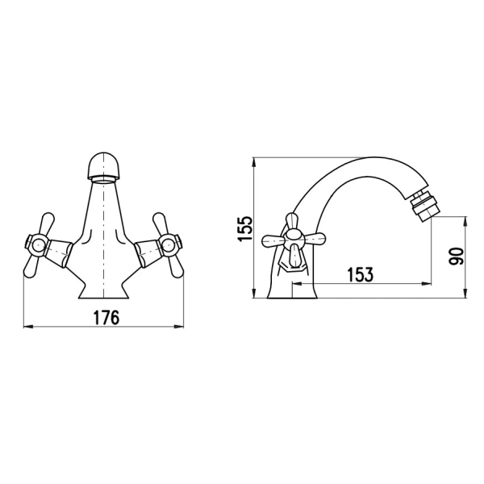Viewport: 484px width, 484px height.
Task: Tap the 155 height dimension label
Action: [x=246, y=229]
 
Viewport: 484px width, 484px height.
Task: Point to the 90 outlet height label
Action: [x=456, y=257]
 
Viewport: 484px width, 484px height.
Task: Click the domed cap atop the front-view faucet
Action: [x=104, y=166]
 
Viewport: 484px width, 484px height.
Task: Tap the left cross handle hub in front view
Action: [x=36, y=246]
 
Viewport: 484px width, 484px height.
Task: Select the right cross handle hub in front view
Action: [x=170, y=246]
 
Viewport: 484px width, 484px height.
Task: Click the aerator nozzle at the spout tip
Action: [x=423, y=207]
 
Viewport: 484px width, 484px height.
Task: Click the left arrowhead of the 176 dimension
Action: [x=27, y=327]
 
